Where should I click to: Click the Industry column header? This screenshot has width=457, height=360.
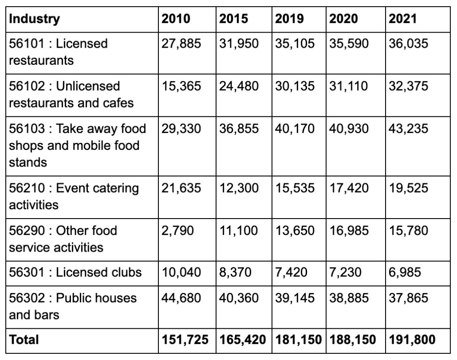(x=34, y=19)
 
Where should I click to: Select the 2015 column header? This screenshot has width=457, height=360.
(x=233, y=19)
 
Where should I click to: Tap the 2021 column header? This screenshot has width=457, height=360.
(x=403, y=19)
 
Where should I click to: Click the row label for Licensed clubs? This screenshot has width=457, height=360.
(x=75, y=273)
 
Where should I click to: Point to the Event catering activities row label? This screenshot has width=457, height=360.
(x=74, y=197)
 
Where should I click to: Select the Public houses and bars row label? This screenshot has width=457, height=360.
(x=73, y=306)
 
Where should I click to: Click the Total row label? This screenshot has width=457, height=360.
(x=24, y=340)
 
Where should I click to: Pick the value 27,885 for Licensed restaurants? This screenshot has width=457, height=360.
(x=181, y=44)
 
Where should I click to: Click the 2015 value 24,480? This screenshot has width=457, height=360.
(x=239, y=86)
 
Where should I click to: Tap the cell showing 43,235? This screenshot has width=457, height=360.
(x=408, y=129)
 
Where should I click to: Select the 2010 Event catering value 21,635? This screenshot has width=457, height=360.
(x=181, y=188)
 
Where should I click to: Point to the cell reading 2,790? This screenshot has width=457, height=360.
(x=178, y=231)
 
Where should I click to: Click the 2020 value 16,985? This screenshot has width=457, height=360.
(x=349, y=231)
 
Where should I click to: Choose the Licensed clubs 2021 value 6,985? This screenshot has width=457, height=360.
(x=405, y=273)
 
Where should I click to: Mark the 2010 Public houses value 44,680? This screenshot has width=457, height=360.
(x=181, y=298)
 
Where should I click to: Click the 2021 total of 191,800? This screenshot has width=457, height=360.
(x=412, y=340)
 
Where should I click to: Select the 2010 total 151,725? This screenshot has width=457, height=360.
(x=185, y=340)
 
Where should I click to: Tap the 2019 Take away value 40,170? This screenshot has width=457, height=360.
(x=295, y=129)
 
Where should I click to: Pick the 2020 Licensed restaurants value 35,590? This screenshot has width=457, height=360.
(x=349, y=44)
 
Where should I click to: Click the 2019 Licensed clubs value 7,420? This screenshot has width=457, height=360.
(x=291, y=273)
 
